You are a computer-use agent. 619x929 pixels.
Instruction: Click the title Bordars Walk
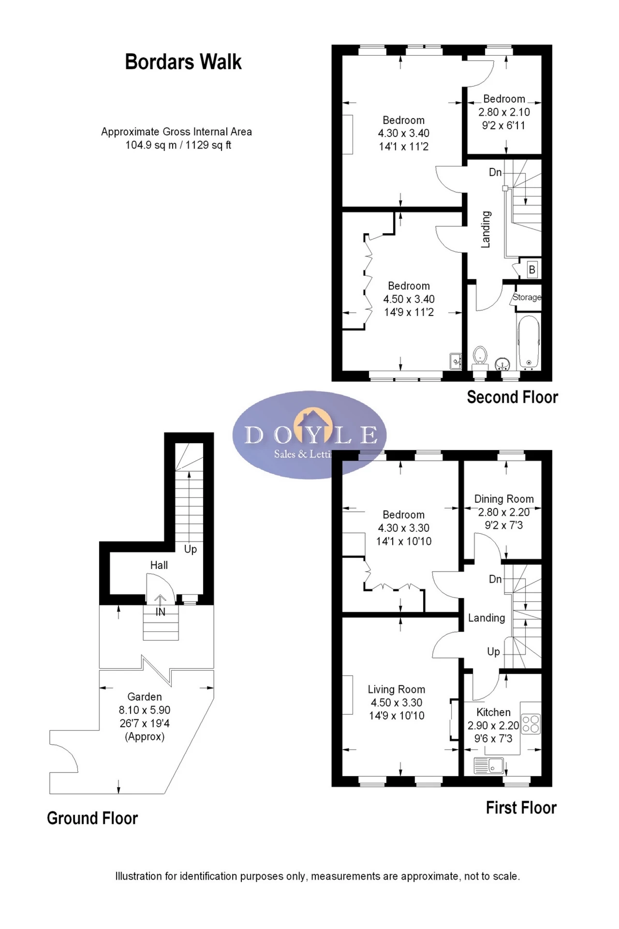click(x=183, y=62)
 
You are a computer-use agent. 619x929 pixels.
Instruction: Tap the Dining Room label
click(x=504, y=499)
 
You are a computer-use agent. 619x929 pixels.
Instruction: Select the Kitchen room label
click(x=493, y=712)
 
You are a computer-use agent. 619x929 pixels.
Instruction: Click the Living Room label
click(x=397, y=689)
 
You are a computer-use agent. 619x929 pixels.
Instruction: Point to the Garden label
click(x=145, y=697)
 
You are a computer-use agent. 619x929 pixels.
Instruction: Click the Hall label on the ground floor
click(x=159, y=565)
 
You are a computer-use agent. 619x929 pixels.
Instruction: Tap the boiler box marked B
click(x=532, y=270)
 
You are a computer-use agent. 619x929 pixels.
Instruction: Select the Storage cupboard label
click(x=527, y=297)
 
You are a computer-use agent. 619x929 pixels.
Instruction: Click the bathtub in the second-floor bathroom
click(x=529, y=343)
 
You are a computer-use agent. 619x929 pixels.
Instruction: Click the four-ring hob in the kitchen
click(x=531, y=724)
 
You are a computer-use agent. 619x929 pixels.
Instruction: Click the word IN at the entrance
click(x=161, y=612)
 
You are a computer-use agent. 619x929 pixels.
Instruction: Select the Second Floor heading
click(x=513, y=397)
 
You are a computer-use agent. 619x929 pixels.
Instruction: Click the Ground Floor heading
click(x=92, y=818)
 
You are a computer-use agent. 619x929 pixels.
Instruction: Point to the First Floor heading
click(x=521, y=808)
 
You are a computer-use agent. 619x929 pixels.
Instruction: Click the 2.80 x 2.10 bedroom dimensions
click(x=504, y=112)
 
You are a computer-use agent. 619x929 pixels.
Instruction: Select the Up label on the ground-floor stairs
click(x=191, y=550)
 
